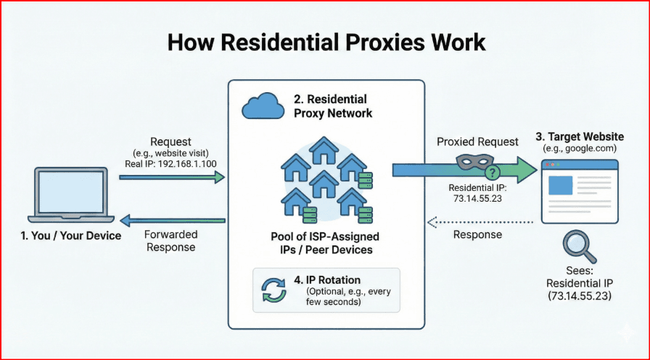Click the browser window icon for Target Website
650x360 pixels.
click(580, 191)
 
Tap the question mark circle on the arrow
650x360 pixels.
click(493, 172)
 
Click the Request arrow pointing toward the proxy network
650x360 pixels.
click(172, 176)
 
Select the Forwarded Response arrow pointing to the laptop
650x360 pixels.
click(172, 220)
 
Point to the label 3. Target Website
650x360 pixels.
click(579, 136)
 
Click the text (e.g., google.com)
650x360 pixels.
click(579, 148)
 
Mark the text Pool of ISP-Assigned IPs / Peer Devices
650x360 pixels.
click(324, 243)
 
